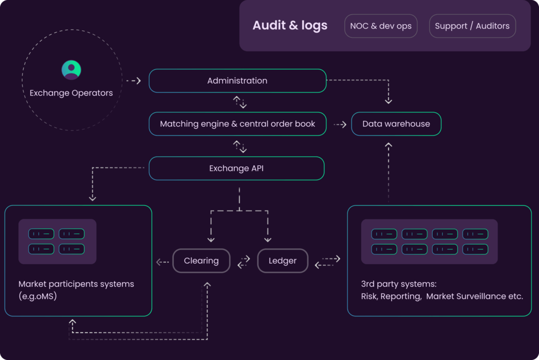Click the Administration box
point(237,81)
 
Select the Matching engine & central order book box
point(237,124)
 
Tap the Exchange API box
point(236,168)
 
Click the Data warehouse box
point(396,124)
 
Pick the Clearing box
point(201,261)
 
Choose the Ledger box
point(283,261)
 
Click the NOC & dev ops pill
point(381,26)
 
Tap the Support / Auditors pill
point(472,26)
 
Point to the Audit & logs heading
point(290,25)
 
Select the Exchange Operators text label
point(71,93)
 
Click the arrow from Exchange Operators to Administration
point(134,81)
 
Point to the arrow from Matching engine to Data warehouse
point(340,125)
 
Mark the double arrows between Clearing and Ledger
point(244,261)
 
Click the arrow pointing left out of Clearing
point(163,262)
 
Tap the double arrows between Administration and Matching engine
point(239,102)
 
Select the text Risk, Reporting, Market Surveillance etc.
point(442,296)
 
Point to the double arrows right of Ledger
point(327,262)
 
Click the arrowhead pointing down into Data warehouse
point(388,100)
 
